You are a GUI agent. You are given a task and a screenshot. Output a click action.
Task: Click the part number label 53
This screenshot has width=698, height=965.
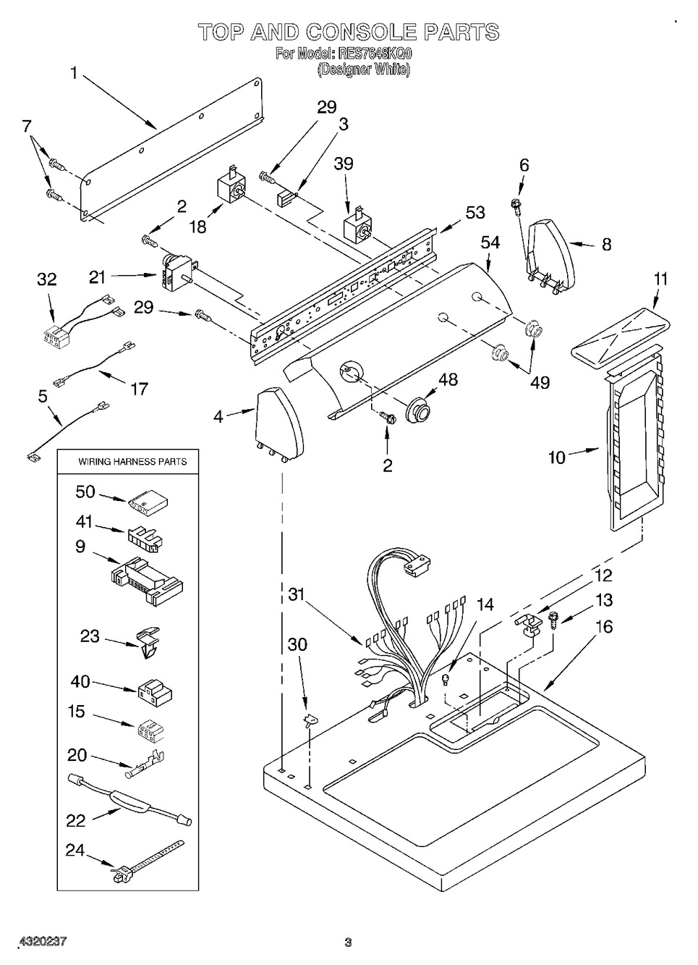(x=475, y=213)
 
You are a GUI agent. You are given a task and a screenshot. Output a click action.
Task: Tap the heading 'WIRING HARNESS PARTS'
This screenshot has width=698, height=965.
(x=132, y=461)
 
